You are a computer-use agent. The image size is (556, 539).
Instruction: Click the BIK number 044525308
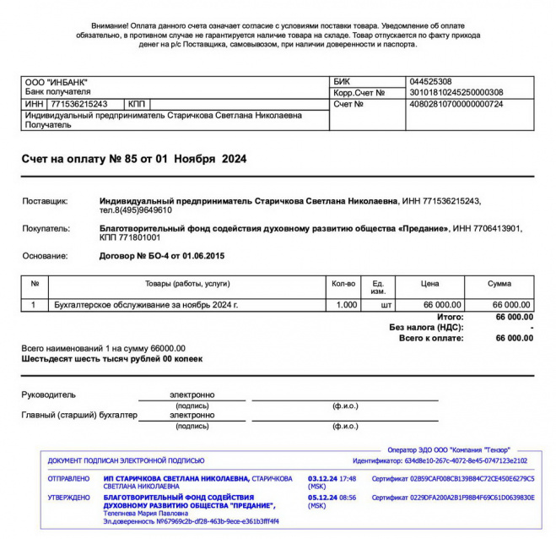pos(429,82)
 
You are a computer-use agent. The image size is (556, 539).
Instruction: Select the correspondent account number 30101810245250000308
pos(456,93)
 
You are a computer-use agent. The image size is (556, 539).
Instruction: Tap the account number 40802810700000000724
pos(456,104)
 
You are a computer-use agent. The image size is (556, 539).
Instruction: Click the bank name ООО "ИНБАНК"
pos(57,82)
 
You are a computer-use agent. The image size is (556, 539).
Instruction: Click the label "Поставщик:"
pos(48,201)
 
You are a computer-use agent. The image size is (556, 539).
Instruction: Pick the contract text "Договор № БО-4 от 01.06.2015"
pos(162,256)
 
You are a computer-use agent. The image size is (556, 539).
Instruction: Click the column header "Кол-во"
pos(344,284)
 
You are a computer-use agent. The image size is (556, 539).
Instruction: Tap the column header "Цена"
pos(430,284)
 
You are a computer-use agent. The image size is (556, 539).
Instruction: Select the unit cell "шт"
pos(387,305)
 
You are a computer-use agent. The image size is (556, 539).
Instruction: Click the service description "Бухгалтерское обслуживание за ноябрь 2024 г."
pos(146,305)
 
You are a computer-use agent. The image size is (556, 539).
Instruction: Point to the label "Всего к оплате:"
pos(431,338)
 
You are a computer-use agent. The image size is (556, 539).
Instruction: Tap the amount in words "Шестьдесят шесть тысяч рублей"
pos(111,358)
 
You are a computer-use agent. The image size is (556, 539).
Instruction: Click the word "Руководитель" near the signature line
pos(48,395)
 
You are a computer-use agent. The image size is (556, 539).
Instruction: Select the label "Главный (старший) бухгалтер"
pos(79,415)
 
